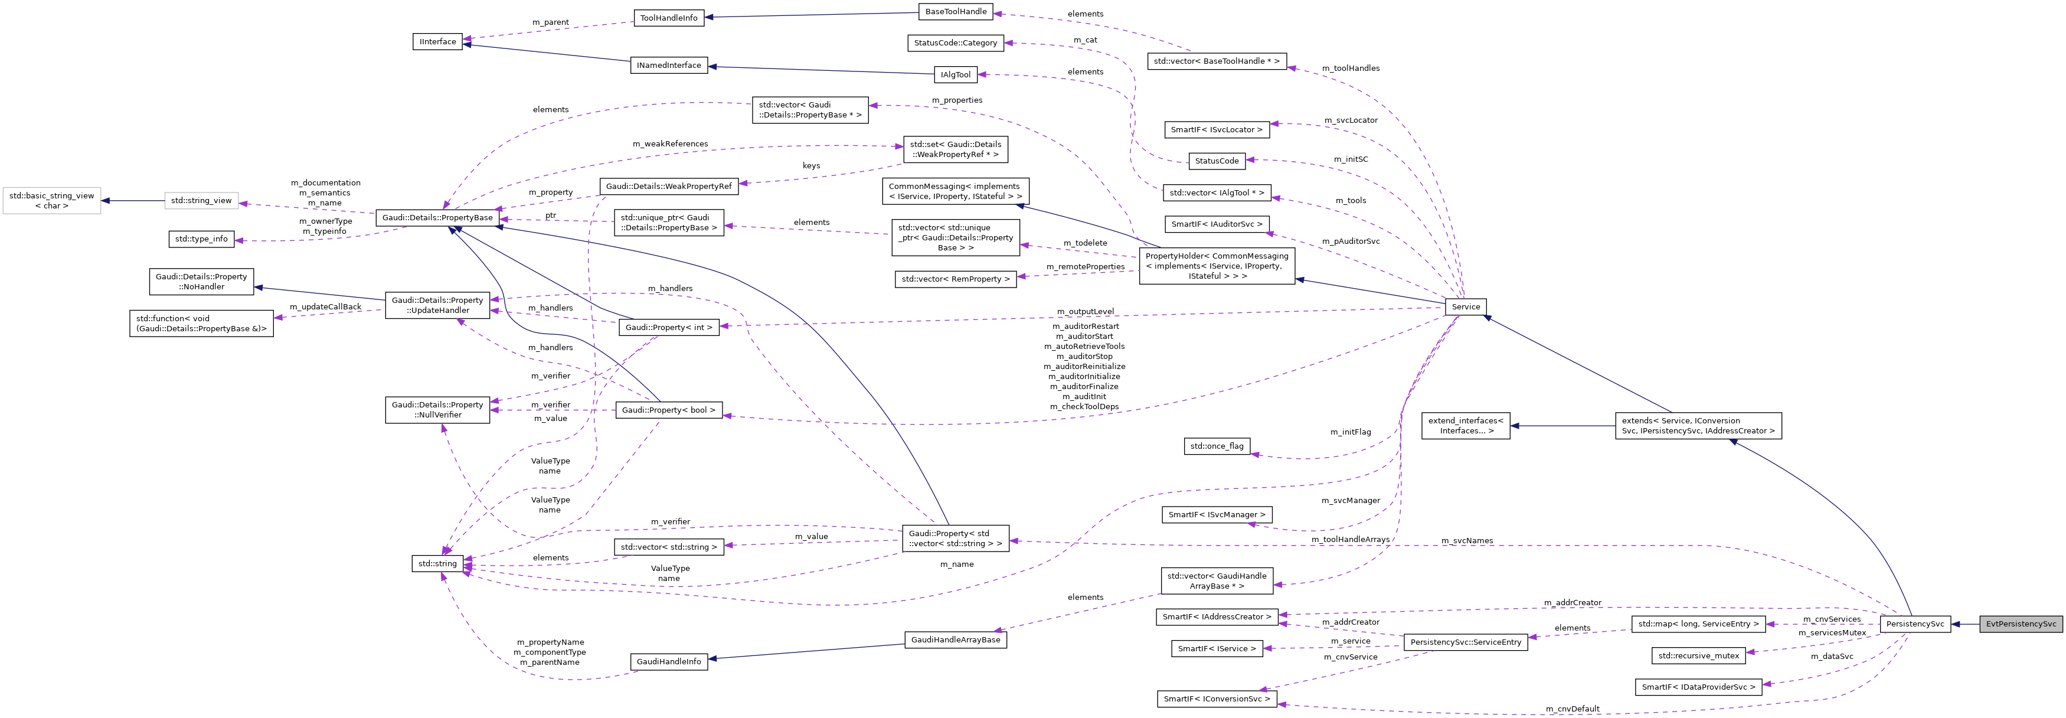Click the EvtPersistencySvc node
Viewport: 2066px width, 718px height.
click(2021, 624)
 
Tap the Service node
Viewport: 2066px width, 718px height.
click(1464, 306)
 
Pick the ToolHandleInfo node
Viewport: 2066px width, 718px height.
click(668, 18)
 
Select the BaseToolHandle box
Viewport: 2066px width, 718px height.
click(955, 11)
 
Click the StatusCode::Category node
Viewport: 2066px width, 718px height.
click(955, 43)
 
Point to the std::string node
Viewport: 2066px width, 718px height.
click(437, 563)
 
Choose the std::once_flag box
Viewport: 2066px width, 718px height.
click(1216, 446)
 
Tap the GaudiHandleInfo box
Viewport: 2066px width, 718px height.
click(668, 661)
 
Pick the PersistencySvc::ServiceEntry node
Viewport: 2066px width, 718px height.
click(1464, 642)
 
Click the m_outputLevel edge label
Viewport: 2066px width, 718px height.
click(1084, 311)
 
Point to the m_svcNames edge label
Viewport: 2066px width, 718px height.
click(1466, 541)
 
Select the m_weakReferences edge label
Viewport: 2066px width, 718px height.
click(670, 143)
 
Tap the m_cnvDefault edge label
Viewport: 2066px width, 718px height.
click(1572, 709)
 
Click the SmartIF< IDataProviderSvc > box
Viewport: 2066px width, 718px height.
click(1698, 687)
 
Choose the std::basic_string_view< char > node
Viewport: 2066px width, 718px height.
click(51, 201)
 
